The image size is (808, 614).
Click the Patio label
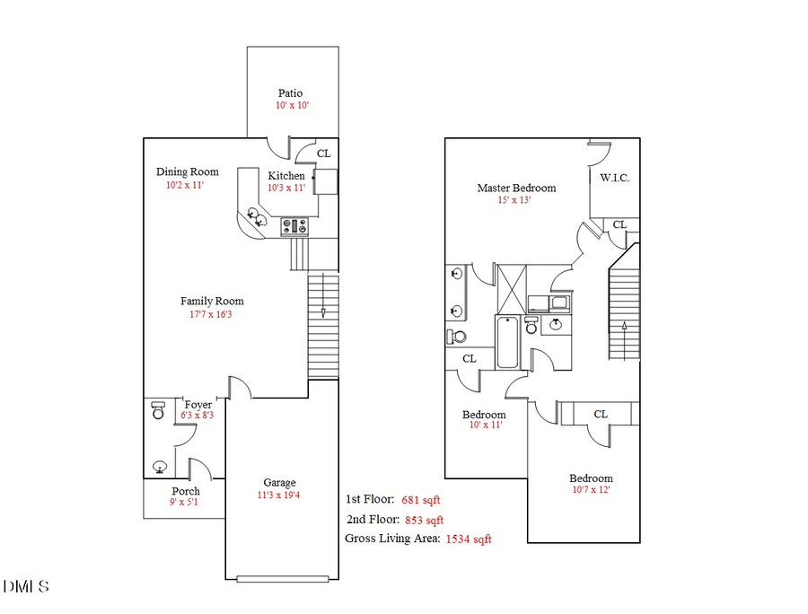pos(290,92)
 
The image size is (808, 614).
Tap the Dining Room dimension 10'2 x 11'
pos(185,185)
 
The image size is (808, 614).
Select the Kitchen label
pos(286,175)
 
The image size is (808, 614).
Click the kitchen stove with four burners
pos(294,226)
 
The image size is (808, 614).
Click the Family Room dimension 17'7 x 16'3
pos(212,314)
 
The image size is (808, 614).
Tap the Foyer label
pos(198,404)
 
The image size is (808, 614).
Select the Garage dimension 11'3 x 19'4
pos(279,495)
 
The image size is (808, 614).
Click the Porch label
pos(186,491)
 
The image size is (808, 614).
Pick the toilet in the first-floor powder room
pos(159,410)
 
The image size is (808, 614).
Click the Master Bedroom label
pos(516,188)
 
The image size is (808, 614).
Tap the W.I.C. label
pos(615,178)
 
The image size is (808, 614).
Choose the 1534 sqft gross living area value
pos(469,539)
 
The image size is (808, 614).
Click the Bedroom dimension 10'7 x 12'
pos(591,490)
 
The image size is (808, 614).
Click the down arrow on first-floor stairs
pos(323,310)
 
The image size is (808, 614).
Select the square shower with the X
pos(514,287)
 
